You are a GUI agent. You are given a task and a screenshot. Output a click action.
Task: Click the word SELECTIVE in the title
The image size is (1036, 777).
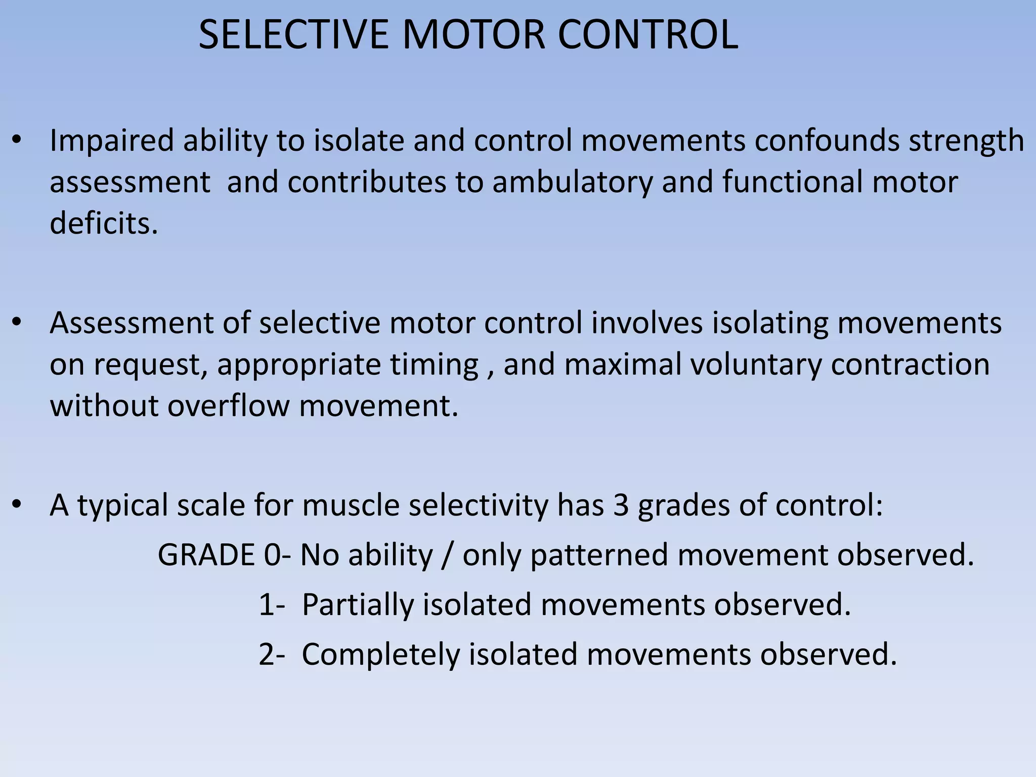tap(293, 35)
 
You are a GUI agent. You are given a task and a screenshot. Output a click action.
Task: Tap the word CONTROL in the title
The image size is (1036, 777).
tap(648, 35)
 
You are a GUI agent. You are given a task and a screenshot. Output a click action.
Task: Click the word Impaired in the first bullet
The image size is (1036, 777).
tap(112, 141)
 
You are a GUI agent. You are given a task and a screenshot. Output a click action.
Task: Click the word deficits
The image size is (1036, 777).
tap(104, 223)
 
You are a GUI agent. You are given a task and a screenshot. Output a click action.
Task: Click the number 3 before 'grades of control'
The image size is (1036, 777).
tap(621, 505)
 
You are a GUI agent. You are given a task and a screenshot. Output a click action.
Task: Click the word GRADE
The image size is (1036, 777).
tap(206, 555)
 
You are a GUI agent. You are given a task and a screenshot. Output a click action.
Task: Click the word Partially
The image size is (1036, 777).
tap(357, 605)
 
